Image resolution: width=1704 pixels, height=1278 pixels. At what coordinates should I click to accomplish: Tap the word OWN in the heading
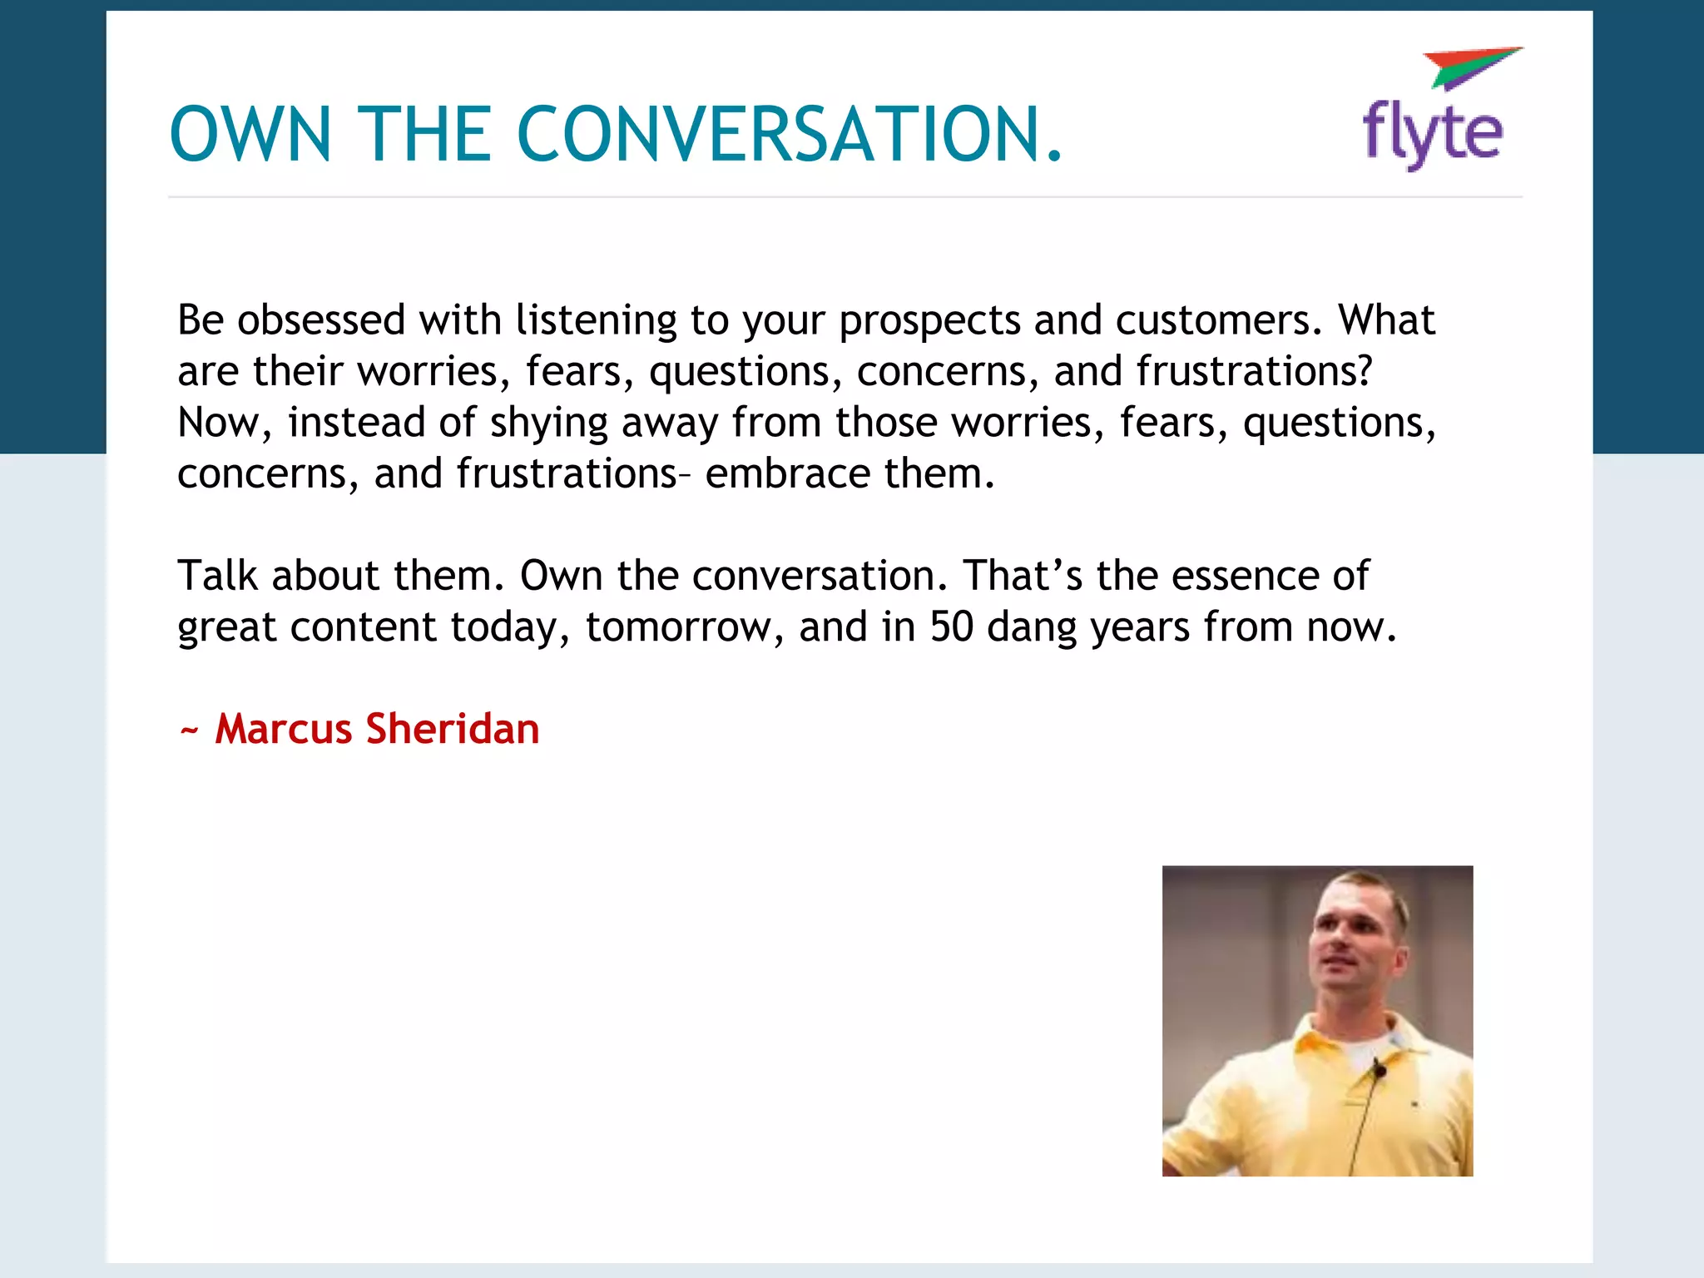[x=250, y=134]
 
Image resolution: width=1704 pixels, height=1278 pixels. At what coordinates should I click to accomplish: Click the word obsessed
[x=321, y=320]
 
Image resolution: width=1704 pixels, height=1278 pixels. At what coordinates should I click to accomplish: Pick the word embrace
[x=787, y=473]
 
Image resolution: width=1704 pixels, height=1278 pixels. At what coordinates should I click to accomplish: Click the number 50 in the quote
[x=951, y=627]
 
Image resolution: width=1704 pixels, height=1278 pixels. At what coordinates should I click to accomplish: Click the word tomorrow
[x=685, y=627]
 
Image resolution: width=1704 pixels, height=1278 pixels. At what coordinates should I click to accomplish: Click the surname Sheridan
[x=453, y=729]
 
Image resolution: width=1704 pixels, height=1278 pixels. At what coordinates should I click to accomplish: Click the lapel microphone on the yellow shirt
[x=1379, y=1068]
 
